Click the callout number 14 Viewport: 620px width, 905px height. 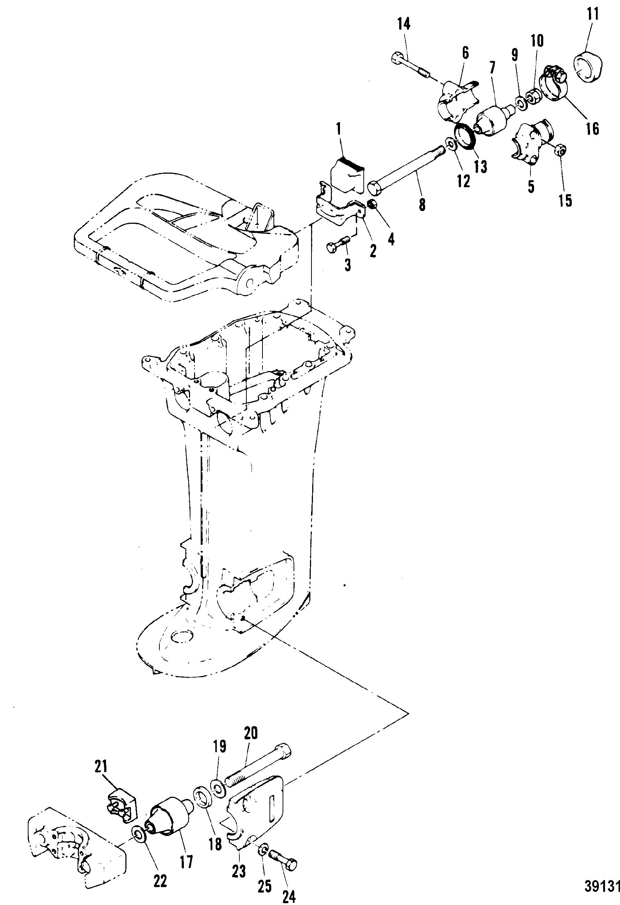404,24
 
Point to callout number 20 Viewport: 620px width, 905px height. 251,733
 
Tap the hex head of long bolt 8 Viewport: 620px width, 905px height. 375,188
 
